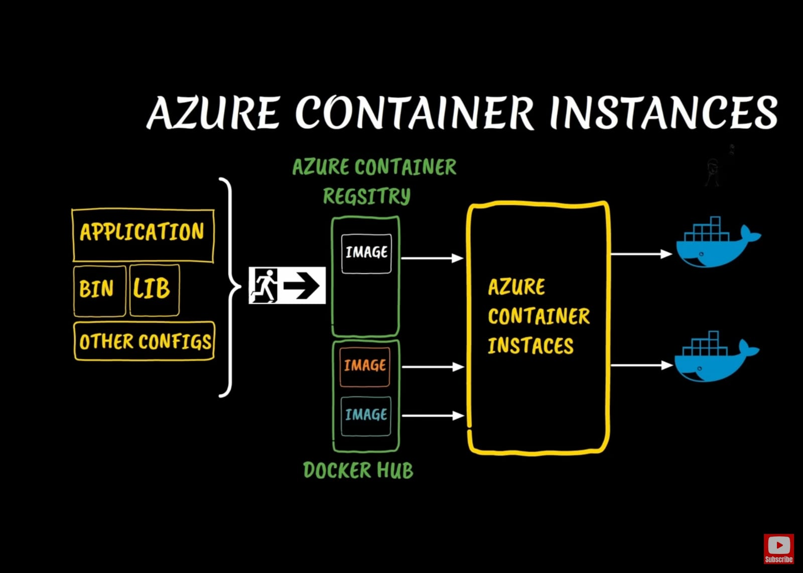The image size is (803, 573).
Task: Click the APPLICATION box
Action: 143,235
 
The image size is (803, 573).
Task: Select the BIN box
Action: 99,291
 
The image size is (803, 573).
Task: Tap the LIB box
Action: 154,290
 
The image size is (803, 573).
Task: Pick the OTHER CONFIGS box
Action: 144,341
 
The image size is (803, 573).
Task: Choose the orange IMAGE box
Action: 365,366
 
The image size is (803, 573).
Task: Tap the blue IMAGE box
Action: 366,415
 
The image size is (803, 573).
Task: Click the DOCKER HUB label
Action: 358,470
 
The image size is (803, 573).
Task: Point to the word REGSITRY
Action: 366,196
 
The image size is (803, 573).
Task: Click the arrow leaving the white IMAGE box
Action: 432,258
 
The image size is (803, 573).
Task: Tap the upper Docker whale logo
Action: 716,244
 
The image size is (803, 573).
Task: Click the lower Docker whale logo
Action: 714,357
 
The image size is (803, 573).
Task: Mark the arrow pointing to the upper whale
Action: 641,254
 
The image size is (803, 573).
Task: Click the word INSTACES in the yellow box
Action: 530,346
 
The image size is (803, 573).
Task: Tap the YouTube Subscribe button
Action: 778,548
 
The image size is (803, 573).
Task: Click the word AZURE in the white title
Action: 213,113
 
